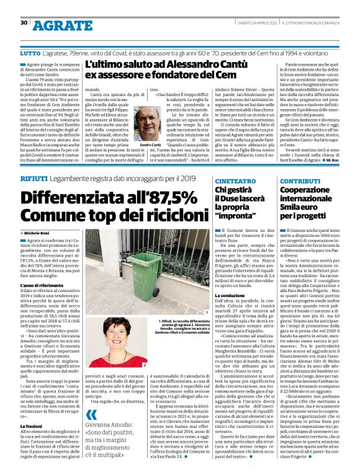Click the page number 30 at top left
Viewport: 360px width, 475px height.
pyautogui.click(x=24, y=23)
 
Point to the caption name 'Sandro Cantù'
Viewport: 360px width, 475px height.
pyautogui.click(x=142, y=144)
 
